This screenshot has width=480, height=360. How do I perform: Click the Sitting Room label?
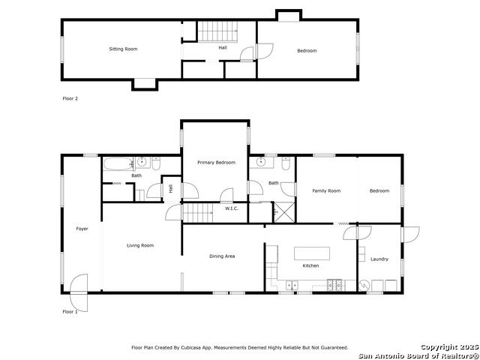(x=123, y=49)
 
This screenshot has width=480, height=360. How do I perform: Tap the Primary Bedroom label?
(x=217, y=163)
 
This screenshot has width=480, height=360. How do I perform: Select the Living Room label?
(x=140, y=245)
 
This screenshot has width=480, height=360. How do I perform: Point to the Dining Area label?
(x=222, y=256)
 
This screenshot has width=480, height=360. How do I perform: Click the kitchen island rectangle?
(x=312, y=253)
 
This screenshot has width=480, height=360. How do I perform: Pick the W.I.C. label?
(x=232, y=208)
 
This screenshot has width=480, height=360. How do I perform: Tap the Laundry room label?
(x=379, y=259)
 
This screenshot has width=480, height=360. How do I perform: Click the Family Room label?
(x=326, y=190)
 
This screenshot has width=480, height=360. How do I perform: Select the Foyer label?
(x=82, y=229)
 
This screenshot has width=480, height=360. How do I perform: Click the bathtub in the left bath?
(x=118, y=163)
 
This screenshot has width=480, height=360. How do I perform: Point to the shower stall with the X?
(x=284, y=212)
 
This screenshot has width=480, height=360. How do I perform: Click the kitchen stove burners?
(x=334, y=285)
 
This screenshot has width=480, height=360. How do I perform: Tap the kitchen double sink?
(x=292, y=285)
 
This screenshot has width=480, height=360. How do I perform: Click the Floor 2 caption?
(x=70, y=98)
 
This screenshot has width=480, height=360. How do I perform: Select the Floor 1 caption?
(x=70, y=312)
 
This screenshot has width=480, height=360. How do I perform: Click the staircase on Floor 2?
(x=217, y=31)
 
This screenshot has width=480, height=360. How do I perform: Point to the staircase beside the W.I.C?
(x=198, y=213)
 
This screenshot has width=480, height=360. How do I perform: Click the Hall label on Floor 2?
(x=223, y=48)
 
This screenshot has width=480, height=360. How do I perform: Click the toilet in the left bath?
(x=156, y=163)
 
